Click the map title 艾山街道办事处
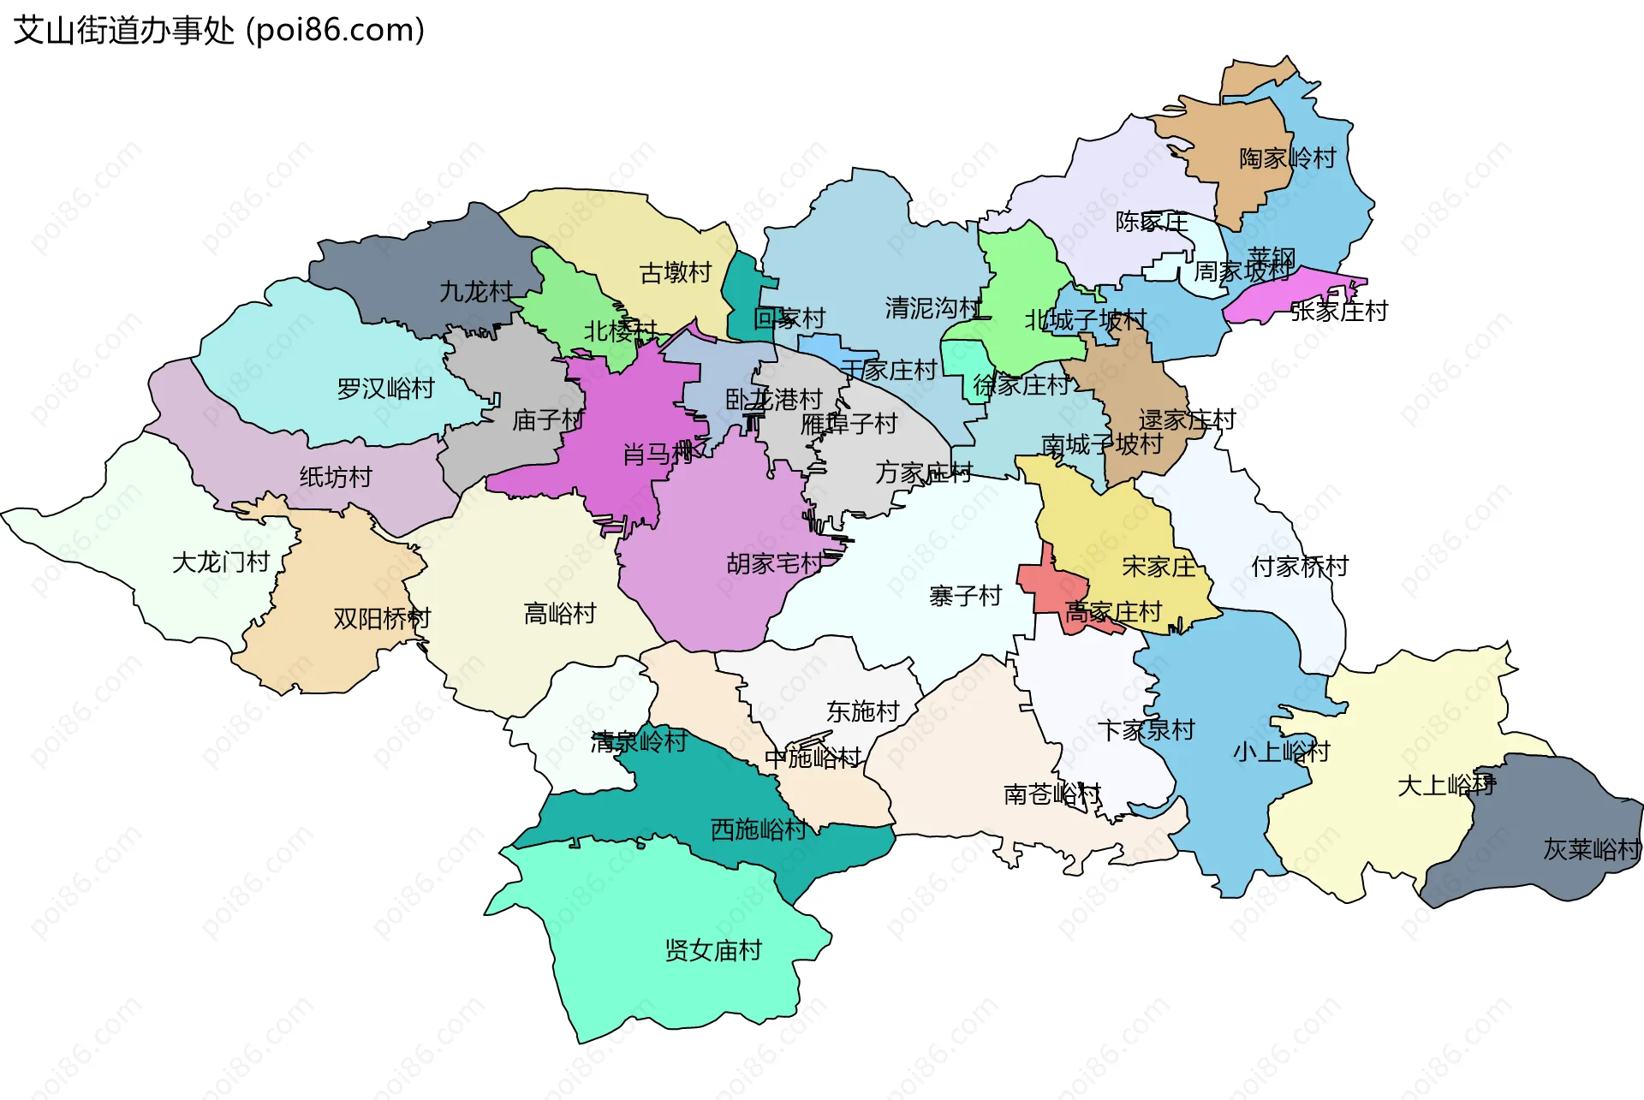[x=124, y=31]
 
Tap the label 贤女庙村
[x=713, y=950]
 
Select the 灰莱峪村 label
[x=1591, y=849]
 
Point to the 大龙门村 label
[x=221, y=562]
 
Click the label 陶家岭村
[x=1288, y=158]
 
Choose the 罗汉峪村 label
[x=385, y=389]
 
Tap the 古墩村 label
[x=676, y=273]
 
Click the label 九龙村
[x=476, y=292]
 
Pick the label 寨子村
[x=965, y=596]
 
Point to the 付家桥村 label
[x=1299, y=566]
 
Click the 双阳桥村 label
[x=382, y=618]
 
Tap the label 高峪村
[x=560, y=614]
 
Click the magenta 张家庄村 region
[x=1276, y=295]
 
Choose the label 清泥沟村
[x=933, y=307]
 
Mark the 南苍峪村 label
[x=1052, y=794]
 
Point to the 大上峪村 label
[x=1446, y=785]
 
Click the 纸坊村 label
[x=336, y=477]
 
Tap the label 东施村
[x=863, y=711]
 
